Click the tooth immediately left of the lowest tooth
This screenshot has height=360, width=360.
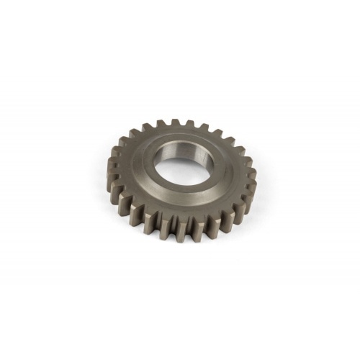[x=168, y=230]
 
